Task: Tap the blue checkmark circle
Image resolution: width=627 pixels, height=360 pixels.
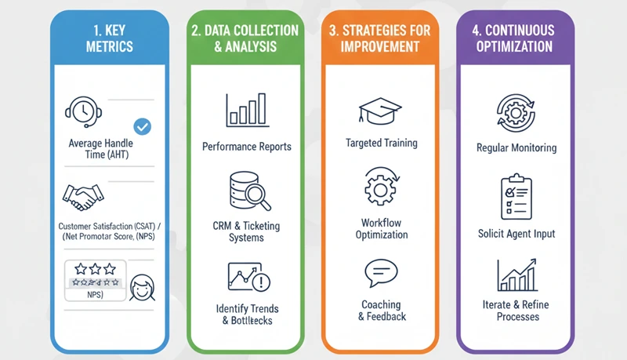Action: coord(143,125)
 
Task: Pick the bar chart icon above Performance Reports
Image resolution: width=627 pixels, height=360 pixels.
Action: coord(247,111)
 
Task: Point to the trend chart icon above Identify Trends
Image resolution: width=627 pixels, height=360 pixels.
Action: coord(247,277)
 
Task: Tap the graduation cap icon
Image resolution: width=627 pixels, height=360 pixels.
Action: coord(381,111)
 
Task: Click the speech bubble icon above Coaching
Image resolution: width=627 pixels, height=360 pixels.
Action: coord(381,273)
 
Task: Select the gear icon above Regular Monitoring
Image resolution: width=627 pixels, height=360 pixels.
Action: coord(516,113)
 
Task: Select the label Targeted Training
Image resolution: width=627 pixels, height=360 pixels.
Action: coord(381,144)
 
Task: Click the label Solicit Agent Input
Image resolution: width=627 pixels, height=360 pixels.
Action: coord(516,234)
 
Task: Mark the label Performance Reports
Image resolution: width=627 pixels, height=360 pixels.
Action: coord(247,147)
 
